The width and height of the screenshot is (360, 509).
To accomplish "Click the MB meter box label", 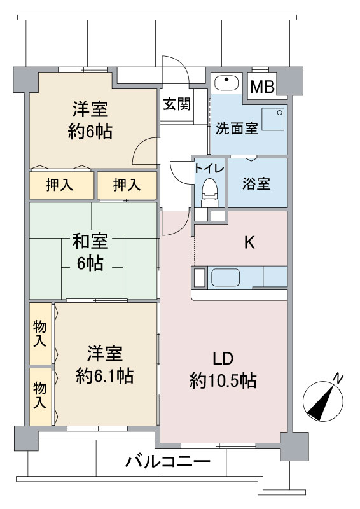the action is [x=262, y=87].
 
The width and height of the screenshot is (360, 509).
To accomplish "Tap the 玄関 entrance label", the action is [x=177, y=104].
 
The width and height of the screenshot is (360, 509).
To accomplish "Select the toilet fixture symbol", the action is [x=209, y=192].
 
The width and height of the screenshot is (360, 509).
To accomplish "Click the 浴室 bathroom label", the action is [x=256, y=183].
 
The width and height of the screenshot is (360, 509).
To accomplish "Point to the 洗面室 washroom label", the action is [x=237, y=129].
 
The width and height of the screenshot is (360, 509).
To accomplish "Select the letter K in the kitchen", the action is [x=249, y=242].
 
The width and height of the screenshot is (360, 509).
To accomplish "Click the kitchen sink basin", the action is [x=226, y=277].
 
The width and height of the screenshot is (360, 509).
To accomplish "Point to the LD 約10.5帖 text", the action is [x=223, y=370].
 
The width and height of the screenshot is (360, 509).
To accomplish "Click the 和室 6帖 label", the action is [x=90, y=252].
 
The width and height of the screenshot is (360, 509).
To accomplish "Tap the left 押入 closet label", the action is [x=59, y=185].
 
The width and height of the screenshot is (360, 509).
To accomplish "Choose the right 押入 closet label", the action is [x=127, y=185].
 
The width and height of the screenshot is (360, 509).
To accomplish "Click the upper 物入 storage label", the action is [x=40, y=333].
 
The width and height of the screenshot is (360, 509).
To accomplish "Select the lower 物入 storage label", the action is [x=40, y=395].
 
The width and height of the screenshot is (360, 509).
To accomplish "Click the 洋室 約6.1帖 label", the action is [x=104, y=365].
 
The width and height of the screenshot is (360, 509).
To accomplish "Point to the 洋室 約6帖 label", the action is [x=90, y=120].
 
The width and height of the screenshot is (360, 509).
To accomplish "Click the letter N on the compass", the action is [x=338, y=378].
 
